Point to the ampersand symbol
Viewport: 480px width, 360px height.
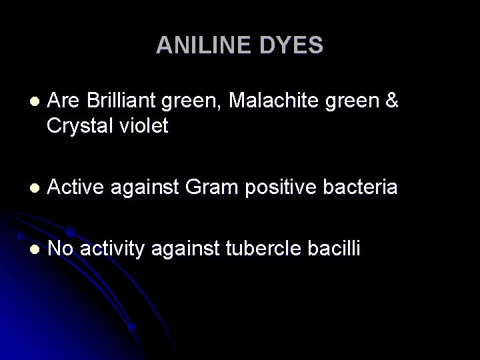tap(393, 101)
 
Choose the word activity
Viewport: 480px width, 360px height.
tap(111, 250)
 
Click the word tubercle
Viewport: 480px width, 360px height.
tap(258, 249)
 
